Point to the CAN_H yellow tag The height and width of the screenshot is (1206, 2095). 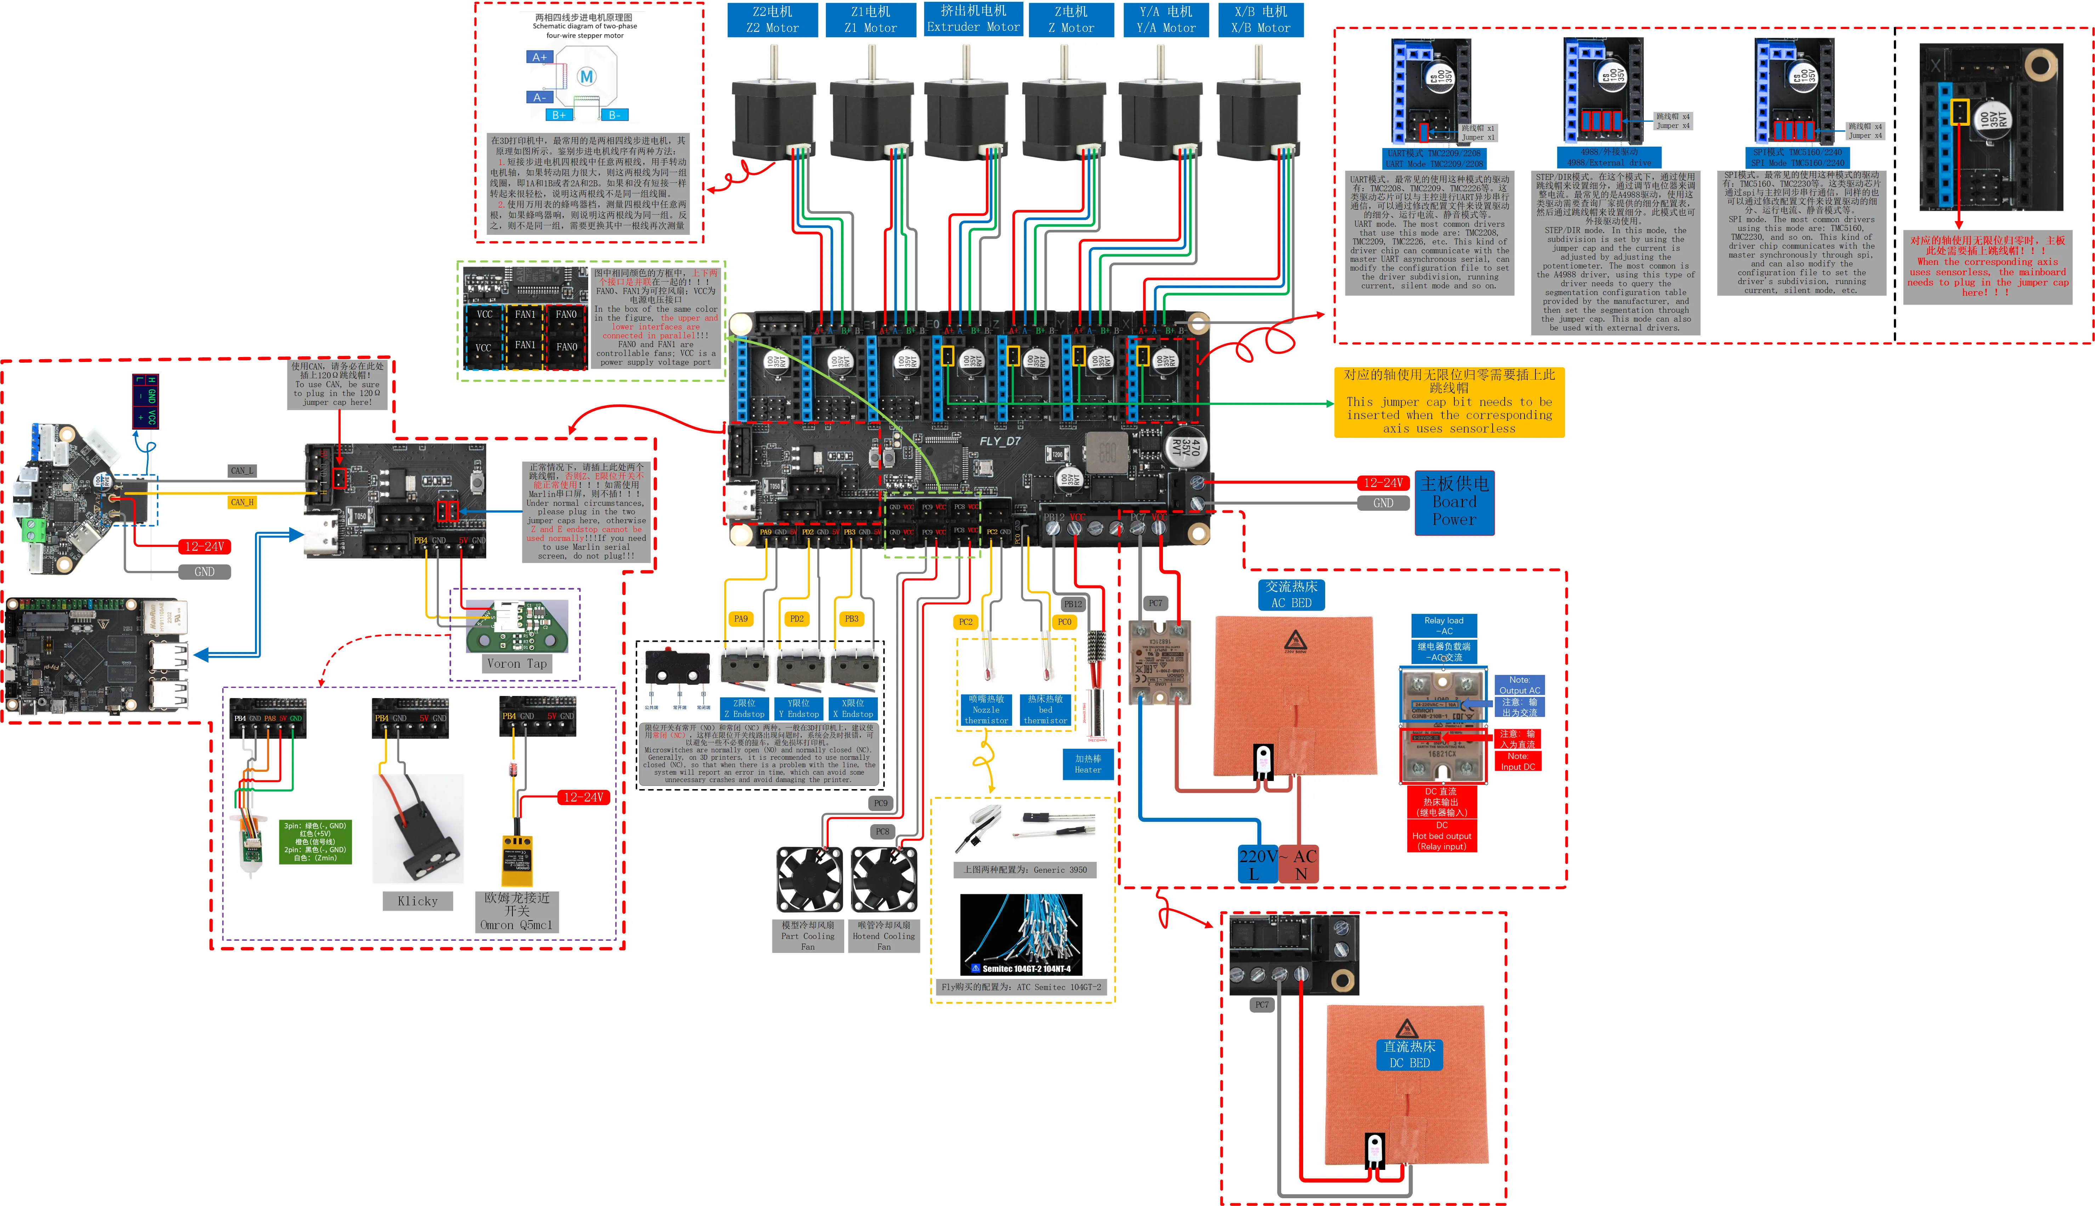click(x=242, y=502)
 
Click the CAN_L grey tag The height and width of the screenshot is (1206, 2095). click(x=242, y=470)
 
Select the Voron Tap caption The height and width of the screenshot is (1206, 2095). click(x=517, y=663)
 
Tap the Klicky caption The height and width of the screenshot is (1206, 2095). click(x=418, y=901)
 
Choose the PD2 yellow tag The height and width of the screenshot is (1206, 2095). click(x=796, y=619)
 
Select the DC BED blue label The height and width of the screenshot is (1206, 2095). click(x=1409, y=1054)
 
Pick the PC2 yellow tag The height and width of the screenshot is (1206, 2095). click(x=966, y=622)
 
